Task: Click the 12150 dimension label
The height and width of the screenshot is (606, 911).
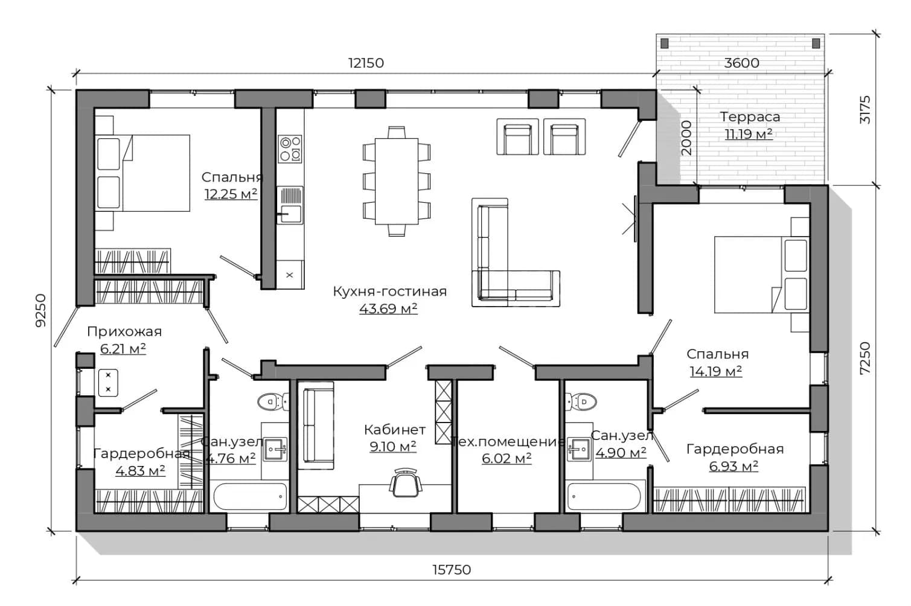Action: click(x=366, y=63)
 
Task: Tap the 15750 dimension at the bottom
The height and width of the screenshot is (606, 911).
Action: click(x=452, y=570)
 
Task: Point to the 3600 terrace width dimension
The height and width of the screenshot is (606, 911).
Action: click(x=741, y=63)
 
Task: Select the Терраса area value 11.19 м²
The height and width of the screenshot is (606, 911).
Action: click(x=749, y=134)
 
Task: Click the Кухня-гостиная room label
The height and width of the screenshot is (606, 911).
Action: click(x=389, y=291)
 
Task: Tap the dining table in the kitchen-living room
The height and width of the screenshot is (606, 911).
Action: click(x=397, y=182)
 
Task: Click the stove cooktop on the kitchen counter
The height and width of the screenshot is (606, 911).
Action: click(x=290, y=149)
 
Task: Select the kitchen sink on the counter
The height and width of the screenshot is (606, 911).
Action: click(x=290, y=205)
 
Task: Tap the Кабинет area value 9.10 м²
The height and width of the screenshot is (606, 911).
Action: click(x=393, y=447)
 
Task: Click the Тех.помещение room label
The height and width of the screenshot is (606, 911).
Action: click(x=508, y=442)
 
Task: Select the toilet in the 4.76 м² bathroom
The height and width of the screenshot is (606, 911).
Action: click(x=273, y=402)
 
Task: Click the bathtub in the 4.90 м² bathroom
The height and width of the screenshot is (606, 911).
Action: click(x=604, y=496)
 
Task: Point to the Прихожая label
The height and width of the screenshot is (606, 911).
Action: click(x=124, y=331)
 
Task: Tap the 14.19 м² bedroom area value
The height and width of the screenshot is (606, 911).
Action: click(x=716, y=371)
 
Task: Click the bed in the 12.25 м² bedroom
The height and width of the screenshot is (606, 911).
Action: click(x=142, y=173)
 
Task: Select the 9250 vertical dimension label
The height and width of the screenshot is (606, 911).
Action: click(x=41, y=310)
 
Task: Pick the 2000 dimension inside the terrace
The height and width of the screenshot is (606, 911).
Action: click(x=686, y=138)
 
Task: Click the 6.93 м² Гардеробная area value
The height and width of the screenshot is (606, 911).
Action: click(x=734, y=466)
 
